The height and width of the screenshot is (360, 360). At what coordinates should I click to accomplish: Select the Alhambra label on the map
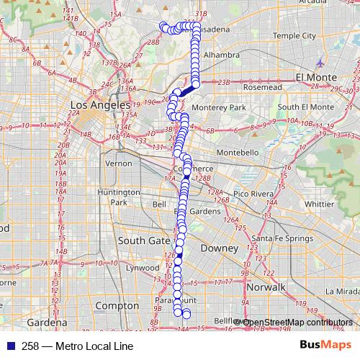point(221,55)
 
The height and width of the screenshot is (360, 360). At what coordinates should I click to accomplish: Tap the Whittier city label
point(318,204)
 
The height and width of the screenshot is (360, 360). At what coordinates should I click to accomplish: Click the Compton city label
point(117,305)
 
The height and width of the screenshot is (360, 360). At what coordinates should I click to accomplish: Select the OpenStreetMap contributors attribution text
point(294,322)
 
